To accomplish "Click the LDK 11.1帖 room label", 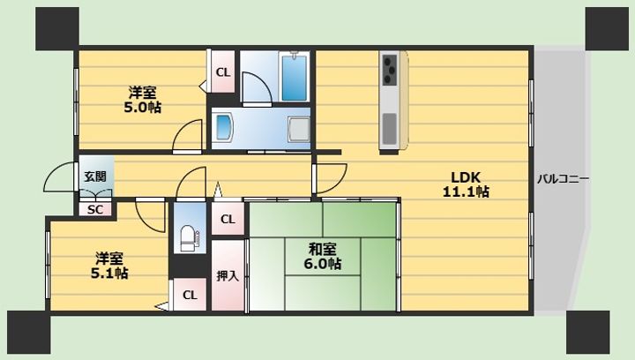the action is tap(466, 184).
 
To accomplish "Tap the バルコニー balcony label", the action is tap(563, 179).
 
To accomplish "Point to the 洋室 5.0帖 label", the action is tap(143, 100).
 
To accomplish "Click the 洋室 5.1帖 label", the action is tap(109, 266).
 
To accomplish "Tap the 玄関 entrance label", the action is tap(95, 176).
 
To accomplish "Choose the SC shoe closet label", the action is tap(94, 210).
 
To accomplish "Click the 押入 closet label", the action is tap(228, 276).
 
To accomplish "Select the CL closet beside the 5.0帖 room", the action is tap(223, 73).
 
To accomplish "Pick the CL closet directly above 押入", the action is tap(228, 220).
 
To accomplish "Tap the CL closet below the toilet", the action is tap(190, 296).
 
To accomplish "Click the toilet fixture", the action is tap(190, 238).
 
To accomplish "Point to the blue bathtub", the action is tap(295, 79).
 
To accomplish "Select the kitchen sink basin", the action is tap(390, 129).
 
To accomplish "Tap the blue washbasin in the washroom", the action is tap(223, 127).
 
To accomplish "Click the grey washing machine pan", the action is tap(299, 129).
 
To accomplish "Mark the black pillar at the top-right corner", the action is tap(607, 29).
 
